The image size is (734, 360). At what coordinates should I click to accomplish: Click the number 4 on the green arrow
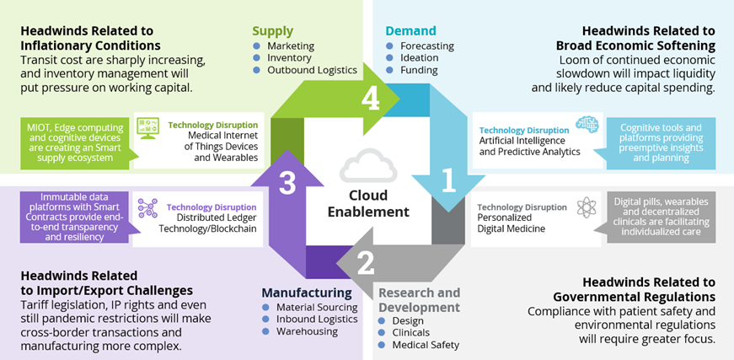coord(372,99)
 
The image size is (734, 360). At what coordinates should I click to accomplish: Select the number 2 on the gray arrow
coord(365,264)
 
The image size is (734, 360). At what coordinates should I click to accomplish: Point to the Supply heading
coord(272,31)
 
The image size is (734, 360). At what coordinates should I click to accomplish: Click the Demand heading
coord(411,31)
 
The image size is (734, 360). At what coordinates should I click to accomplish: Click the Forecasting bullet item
coord(426,46)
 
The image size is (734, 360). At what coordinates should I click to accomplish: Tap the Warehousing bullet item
coord(307,331)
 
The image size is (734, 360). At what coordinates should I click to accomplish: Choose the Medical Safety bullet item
coord(426,345)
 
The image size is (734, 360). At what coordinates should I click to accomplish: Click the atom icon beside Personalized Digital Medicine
coord(587,208)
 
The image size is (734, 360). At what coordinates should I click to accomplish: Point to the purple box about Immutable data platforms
coord(72,217)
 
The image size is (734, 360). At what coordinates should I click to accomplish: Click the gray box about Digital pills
coord(661,217)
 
